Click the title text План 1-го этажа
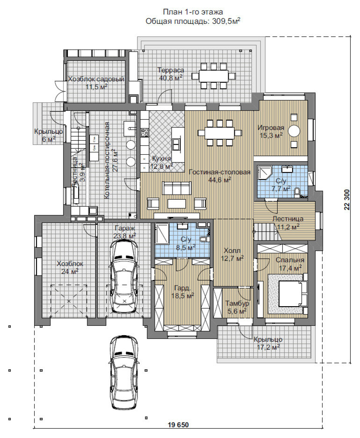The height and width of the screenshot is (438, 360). (193, 12)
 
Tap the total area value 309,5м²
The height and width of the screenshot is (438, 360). (226, 21)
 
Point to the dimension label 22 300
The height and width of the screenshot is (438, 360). (347, 200)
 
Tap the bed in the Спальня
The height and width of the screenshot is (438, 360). (290, 294)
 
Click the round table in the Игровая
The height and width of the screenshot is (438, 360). (294, 130)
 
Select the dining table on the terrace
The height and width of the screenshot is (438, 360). (214, 76)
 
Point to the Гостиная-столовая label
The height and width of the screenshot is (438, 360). (220, 172)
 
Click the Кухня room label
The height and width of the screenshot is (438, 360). (161, 158)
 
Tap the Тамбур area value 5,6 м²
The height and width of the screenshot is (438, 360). (237, 311)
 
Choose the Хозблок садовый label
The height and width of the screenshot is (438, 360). (96, 79)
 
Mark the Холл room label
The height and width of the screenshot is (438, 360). (232, 251)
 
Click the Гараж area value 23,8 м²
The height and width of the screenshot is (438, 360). (125, 235)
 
